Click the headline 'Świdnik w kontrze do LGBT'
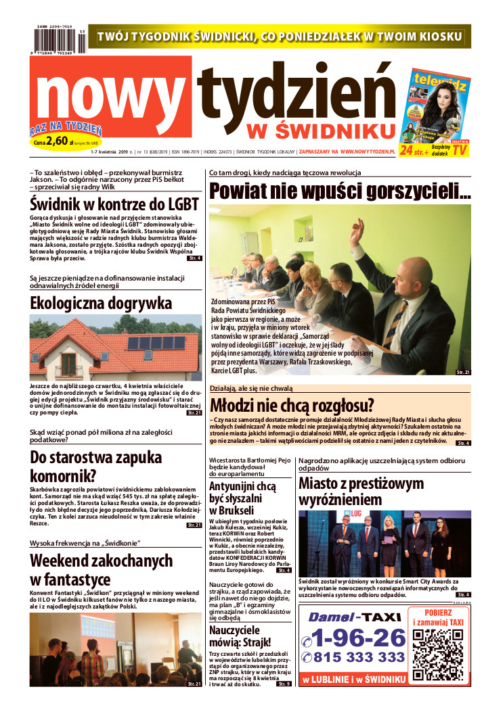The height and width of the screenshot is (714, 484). (x=114, y=205)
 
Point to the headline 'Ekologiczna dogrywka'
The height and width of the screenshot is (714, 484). (x=101, y=302)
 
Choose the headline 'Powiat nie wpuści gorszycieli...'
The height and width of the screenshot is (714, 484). (x=340, y=191)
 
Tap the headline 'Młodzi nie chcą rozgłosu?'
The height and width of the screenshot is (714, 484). (x=292, y=406)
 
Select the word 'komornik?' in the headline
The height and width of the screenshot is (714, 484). (x=63, y=476)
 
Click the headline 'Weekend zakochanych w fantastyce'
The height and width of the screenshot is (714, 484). (x=101, y=569)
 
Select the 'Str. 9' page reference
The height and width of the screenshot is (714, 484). (x=284, y=684)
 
